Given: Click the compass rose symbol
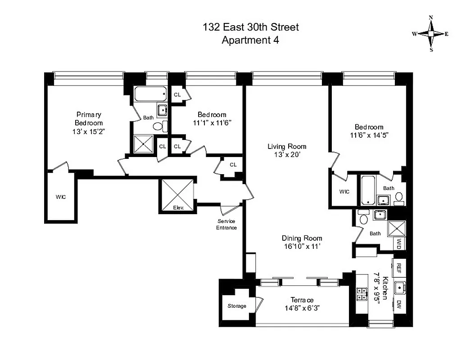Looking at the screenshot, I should tap(431, 34).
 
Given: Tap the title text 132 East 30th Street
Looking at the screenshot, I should tap(250, 27).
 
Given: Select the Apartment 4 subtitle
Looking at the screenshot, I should tap(250, 40).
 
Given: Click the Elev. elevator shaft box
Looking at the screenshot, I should tap(178, 196).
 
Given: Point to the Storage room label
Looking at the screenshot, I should tap(237, 306).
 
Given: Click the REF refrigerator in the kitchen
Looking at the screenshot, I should tap(399, 269).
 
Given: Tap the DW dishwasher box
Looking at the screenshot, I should tap(399, 305).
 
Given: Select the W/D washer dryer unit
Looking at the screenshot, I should tap(399, 244).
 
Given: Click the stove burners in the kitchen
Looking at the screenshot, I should tap(361, 294).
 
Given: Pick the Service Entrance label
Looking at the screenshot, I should tap(227, 224).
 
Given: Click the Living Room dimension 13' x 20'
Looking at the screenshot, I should tap(287, 154).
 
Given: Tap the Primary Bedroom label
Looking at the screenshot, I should tap(89, 118).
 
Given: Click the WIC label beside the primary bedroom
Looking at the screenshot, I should tap(61, 197).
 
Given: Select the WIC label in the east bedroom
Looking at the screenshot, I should tap(344, 192).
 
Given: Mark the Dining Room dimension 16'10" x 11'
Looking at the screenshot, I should tap(302, 246).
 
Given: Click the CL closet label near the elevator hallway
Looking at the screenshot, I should tap(233, 165).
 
